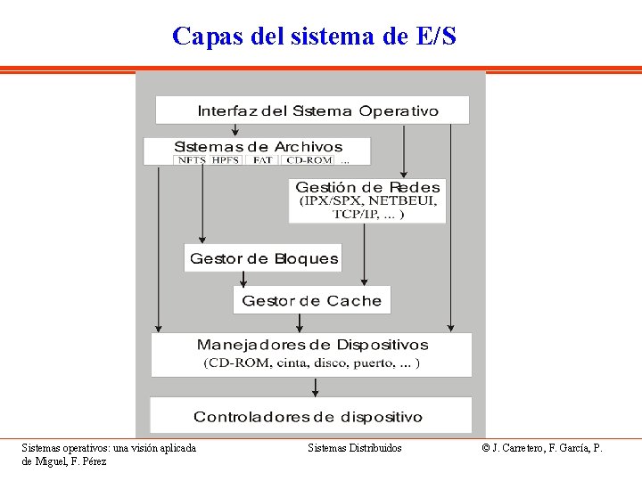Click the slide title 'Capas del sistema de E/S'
tap(314, 37)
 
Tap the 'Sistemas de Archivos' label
tap(258, 146)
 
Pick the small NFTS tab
tap(192, 160)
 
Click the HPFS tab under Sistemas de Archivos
tap(226, 160)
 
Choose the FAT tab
tap(262, 160)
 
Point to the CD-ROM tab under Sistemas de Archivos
tap(308, 160)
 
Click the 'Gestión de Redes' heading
tap(367, 187)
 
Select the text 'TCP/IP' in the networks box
tap(355, 214)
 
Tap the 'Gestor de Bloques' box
tap(264, 259)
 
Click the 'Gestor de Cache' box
tap(311, 301)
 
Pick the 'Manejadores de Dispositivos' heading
tap(312, 345)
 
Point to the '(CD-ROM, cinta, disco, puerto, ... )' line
tap(312, 363)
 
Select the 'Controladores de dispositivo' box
tap(308, 417)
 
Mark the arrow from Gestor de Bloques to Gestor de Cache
tap(243, 279)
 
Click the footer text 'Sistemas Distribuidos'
tap(355, 448)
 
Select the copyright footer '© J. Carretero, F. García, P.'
tap(542, 448)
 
